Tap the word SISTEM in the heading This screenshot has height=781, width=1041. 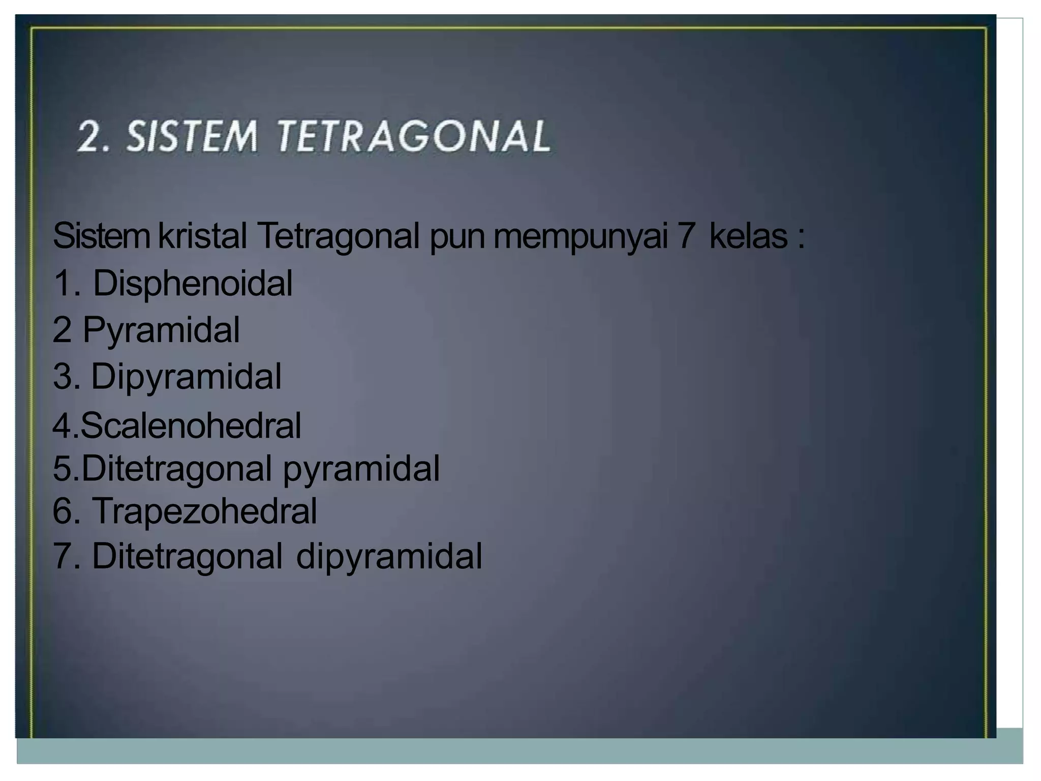pyautogui.click(x=192, y=136)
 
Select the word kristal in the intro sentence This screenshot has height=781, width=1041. pyautogui.click(x=202, y=236)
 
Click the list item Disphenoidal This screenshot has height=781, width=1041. pyautogui.click(x=192, y=283)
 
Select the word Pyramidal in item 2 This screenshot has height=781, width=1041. pyautogui.click(x=161, y=330)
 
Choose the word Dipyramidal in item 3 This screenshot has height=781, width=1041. pyautogui.click(x=186, y=377)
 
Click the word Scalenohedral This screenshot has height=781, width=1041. pyautogui.click(x=191, y=425)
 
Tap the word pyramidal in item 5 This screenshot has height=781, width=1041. pyautogui.click(x=361, y=468)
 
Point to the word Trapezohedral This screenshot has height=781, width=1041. pyautogui.click(x=204, y=510)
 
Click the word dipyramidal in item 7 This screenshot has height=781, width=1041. pyautogui.click(x=389, y=556)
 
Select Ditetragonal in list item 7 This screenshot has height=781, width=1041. pyautogui.click(x=187, y=556)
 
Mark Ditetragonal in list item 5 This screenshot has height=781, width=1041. pyautogui.click(x=176, y=468)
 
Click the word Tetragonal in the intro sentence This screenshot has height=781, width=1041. pyautogui.click(x=339, y=236)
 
